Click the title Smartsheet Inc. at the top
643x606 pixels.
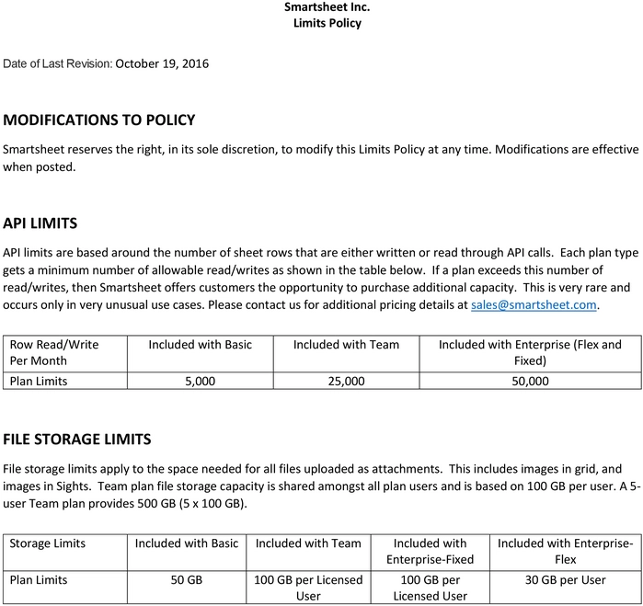[x=327, y=7]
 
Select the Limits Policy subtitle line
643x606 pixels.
[x=327, y=23]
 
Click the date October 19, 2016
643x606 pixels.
[x=163, y=63]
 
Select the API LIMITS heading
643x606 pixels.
[x=40, y=223]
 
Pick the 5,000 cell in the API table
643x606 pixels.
[x=200, y=381]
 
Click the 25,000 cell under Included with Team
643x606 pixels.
[x=346, y=381]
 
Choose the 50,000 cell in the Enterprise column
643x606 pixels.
[x=530, y=381]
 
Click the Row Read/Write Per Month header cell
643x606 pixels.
[x=54, y=352]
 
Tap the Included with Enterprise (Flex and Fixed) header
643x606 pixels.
[x=530, y=352]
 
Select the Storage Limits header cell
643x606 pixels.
[x=48, y=543]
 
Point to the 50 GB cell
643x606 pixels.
[x=187, y=580]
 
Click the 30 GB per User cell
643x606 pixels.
[x=566, y=580]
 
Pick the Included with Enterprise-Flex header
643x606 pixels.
[x=566, y=551]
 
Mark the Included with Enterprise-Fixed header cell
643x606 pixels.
[x=430, y=551]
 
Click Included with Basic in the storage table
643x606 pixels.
[x=187, y=543]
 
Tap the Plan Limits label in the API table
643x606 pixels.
[x=39, y=381]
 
